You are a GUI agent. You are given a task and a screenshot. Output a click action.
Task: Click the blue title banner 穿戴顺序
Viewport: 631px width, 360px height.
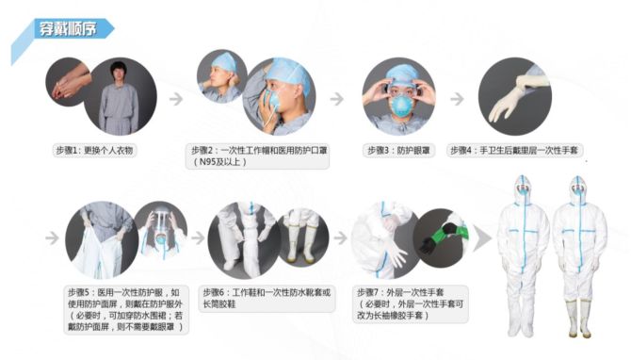click(x=69, y=28)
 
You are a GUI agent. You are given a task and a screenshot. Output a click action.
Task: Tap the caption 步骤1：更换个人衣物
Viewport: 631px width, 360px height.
click(x=94, y=151)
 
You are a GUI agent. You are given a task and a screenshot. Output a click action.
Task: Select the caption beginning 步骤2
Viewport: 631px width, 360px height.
click(x=257, y=156)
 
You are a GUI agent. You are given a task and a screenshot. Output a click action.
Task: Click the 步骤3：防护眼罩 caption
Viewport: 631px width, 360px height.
click(x=398, y=151)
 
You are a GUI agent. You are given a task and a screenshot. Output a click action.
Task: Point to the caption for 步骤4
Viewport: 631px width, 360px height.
click(x=514, y=151)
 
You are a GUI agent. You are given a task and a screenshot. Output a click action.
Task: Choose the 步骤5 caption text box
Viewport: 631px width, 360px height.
click(x=126, y=309)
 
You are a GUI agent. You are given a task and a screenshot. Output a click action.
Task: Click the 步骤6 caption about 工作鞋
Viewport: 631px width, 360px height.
click(x=267, y=299)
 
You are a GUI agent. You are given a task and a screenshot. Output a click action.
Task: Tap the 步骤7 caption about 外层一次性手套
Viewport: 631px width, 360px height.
click(x=411, y=303)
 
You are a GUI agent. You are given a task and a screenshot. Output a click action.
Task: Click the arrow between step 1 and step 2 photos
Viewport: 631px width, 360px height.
click(x=176, y=99)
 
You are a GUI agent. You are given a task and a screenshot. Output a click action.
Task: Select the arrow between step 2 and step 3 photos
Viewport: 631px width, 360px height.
click(x=337, y=99)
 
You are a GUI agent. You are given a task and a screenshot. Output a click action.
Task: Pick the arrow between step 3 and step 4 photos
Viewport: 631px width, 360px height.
click(x=457, y=99)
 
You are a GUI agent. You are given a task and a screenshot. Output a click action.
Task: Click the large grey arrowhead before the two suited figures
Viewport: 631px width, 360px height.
click(x=481, y=238)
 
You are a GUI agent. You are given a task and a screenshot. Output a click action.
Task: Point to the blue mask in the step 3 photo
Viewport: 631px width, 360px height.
click(x=398, y=106)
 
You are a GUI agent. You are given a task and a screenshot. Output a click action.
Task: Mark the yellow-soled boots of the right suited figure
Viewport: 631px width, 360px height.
click(x=579, y=319)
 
